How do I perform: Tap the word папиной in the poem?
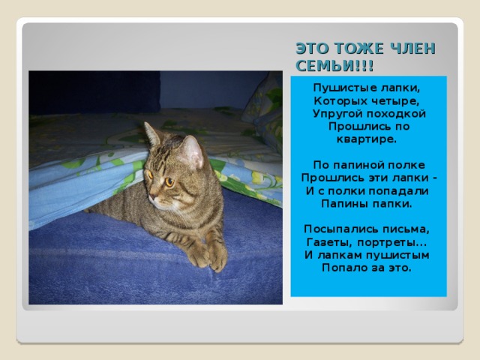tap(356, 164)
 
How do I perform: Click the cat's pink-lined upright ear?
tap(192, 151)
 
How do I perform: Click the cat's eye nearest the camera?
tap(169, 181)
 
